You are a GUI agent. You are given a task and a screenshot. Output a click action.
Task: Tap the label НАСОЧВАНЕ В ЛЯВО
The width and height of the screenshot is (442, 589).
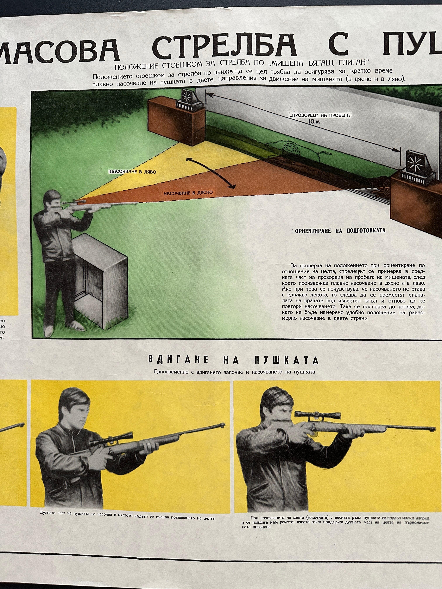(133, 172)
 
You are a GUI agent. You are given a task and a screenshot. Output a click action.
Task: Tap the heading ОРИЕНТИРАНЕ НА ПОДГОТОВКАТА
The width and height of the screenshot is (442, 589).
(340, 231)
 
